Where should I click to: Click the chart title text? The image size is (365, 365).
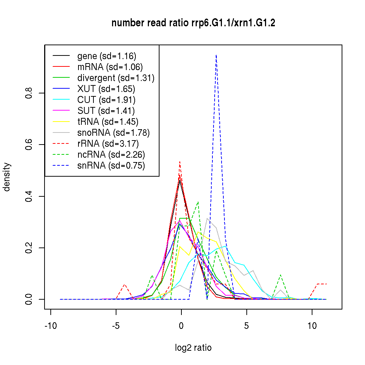(193, 23)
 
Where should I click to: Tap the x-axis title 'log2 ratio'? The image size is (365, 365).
(193, 347)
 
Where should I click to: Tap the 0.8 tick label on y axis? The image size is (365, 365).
(30, 93)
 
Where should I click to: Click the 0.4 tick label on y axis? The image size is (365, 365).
(30, 196)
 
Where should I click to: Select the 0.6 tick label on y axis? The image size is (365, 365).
(30, 145)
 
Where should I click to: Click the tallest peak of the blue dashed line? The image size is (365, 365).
(216, 55)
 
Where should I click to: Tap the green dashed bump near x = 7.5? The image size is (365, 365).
(280, 275)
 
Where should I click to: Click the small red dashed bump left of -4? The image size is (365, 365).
(124, 284)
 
